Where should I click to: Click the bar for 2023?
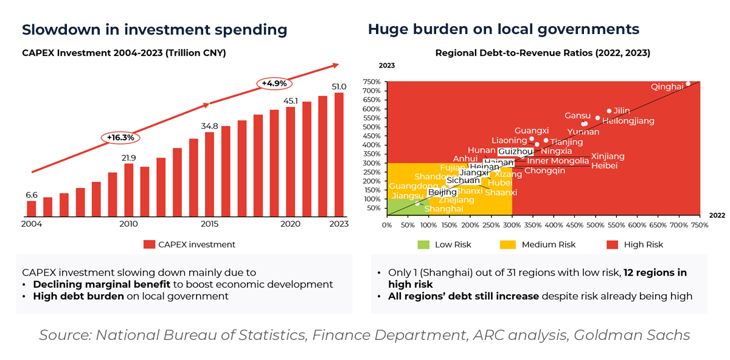(339, 155)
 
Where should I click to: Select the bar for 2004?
(32, 209)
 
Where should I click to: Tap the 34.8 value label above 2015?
(209, 126)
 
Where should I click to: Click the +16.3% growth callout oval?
(120, 137)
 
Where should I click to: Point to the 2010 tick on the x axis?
(128, 224)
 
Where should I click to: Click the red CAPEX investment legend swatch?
(149, 244)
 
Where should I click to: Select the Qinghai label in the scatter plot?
(667, 87)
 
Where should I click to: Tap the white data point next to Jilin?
(609, 111)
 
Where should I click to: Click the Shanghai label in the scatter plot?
(443, 209)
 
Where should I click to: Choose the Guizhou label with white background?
(515, 151)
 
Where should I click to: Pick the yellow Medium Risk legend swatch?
(506, 244)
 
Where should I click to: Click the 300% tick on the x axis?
(512, 224)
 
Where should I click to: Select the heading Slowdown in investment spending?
(155, 29)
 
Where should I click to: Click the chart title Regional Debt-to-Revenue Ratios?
(543, 53)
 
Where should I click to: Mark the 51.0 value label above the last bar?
(338, 86)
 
